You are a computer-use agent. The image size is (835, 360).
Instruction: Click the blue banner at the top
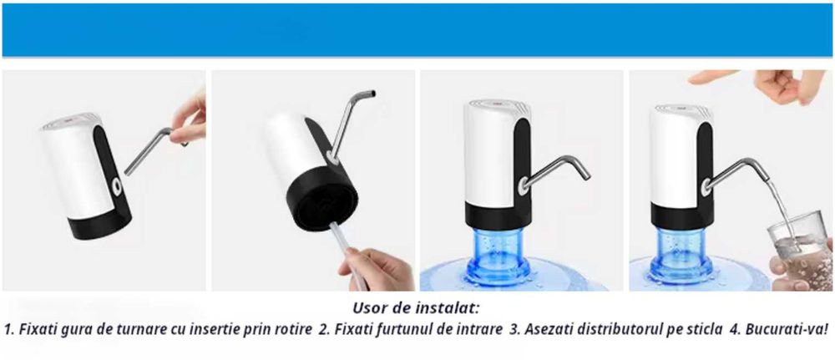tap(417, 30)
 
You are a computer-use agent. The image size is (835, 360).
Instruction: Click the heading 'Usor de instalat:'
tap(417, 308)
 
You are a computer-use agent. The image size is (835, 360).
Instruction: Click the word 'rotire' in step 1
tap(293, 329)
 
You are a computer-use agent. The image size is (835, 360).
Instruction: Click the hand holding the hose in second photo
tap(379, 268)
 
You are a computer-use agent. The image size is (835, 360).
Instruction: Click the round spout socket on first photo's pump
tap(115, 182)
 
